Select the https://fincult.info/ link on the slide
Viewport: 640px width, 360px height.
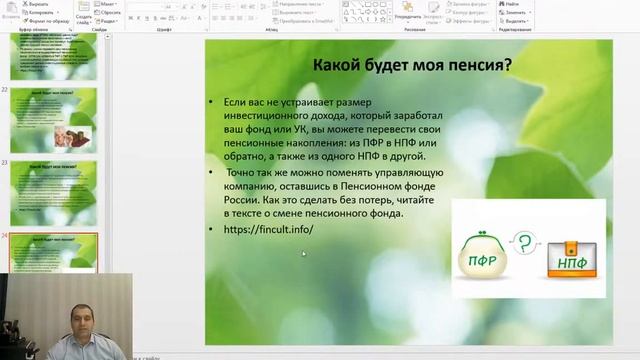tap(269, 229)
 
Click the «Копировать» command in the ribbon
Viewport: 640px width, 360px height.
tap(40, 13)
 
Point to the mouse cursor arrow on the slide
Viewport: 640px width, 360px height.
tap(303, 253)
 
